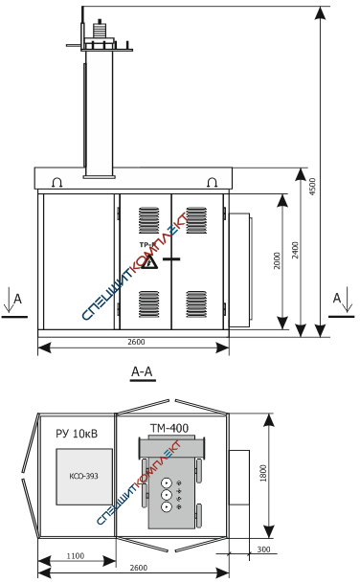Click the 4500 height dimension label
click(312, 187)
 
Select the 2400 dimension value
click(295, 250)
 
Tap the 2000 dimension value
click(277, 260)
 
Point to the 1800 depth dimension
click(263, 473)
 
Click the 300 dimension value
click(263, 549)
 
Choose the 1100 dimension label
click(76, 556)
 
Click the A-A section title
click(142, 371)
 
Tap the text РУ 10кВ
click(77, 434)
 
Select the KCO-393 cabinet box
click(84, 477)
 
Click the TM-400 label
click(169, 428)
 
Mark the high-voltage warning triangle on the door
click(149, 261)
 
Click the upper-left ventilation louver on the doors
click(148, 220)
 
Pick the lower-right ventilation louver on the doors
click(196, 304)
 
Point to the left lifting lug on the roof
click(56, 182)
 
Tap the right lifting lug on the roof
click(212, 182)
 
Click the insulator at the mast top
click(99, 29)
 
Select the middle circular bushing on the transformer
click(167, 495)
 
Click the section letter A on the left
click(17, 299)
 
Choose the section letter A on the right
click(337, 298)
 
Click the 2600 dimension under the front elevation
click(136, 342)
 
